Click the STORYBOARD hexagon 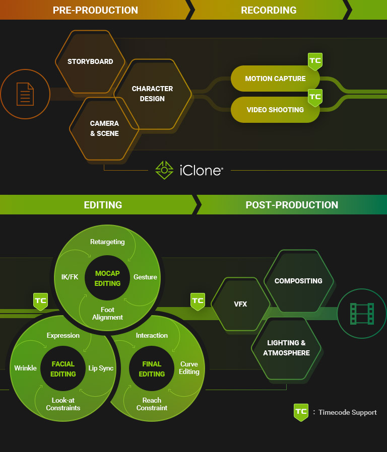[90, 62]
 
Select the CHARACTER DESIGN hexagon [152, 94]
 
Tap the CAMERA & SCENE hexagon [104, 128]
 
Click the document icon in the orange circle [25, 94]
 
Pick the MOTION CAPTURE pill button [275, 79]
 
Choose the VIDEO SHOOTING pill [275, 110]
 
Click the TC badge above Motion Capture [315, 61]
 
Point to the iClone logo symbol [164, 170]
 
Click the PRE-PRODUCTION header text [95, 10]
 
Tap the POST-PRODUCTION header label [292, 205]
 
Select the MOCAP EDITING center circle [107, 278]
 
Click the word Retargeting [107, 242]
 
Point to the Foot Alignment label [107, 314]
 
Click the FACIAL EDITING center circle [63, 369]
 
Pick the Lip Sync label [101, 368]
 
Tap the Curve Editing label [189, 368]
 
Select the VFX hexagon [240, 304]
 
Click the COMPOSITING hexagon [298, 281]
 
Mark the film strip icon [362, 313]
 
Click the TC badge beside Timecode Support [301, 412]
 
